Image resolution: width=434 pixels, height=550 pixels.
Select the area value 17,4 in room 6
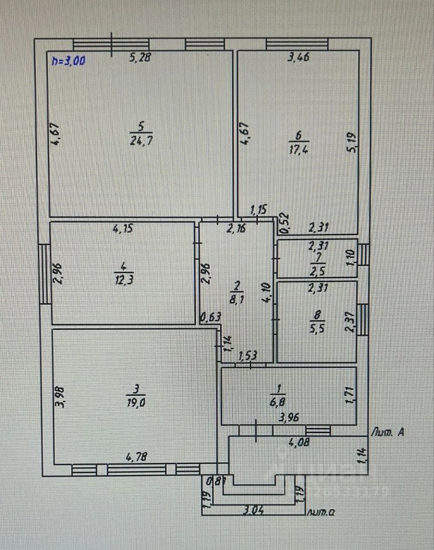click(x=299, y=149)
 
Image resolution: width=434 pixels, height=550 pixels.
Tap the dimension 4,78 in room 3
click(x=136, y=457)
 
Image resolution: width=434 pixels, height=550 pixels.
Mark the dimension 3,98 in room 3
click(x=61, y=397)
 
